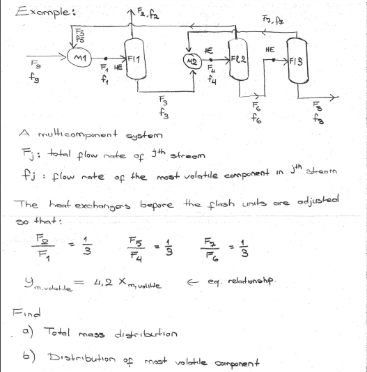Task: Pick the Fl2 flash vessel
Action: pos(237,52)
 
